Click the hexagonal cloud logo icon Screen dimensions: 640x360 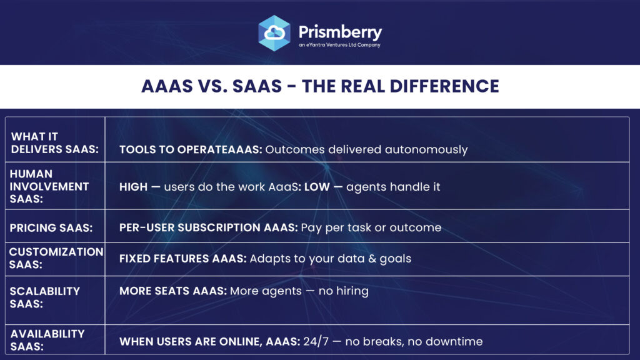(x=274, y=33)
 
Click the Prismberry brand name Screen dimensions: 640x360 (x=340, y=32)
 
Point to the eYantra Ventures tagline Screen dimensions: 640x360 (x=339, y=45)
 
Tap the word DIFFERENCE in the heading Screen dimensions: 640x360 (x=444, y=86)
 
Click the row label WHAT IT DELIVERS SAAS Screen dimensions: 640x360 (x=55, y=143)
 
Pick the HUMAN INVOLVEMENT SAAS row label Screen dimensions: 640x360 (x=49, y=186)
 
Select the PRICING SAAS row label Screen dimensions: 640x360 (x=51, y=227)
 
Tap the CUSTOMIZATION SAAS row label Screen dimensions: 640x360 (x=56, y=258)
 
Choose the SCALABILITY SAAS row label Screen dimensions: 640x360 (x=44, y=297)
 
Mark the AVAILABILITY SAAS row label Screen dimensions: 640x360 (x=47, y=340)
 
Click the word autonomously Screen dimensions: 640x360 (x=426, y=150)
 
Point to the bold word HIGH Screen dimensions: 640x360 (x=133, y=187)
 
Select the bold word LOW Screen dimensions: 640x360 (x=317, y=187)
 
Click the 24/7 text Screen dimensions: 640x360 (x=316, y=341)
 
